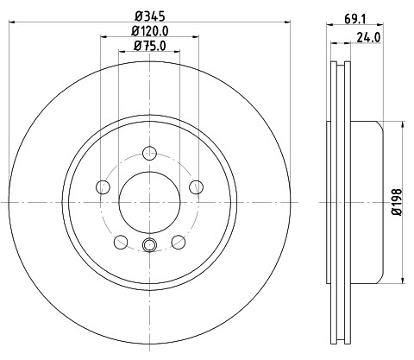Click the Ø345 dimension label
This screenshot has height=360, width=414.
pos(150,16)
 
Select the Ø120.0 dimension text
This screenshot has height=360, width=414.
pos(150,31)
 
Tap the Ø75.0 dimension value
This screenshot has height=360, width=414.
pos(150,46)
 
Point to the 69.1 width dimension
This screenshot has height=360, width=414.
pos(354,19)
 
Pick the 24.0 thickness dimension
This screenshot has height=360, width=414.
pos(368,37)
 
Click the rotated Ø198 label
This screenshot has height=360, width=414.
pos(397,202)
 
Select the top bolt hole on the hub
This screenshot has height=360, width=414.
pos(149,153)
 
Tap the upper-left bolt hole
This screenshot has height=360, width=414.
pos(103,187)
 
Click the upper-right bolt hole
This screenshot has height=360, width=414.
pos(197,187)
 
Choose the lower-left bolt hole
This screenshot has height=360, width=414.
pos(121,242)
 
